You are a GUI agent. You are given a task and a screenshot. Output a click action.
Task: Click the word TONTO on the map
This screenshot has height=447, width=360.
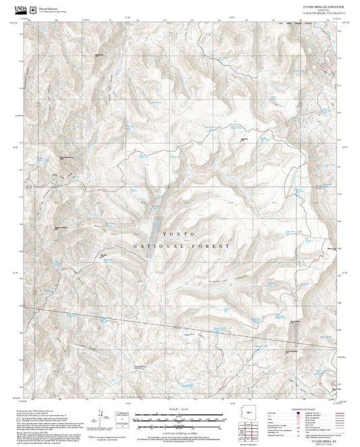(x=179, y=234)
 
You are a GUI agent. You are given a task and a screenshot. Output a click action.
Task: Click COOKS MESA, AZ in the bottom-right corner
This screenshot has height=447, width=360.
(x=323, y=438)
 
